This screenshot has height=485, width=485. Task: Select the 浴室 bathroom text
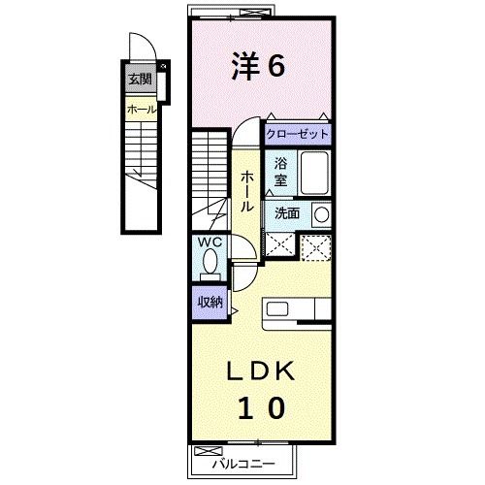coord(280,172)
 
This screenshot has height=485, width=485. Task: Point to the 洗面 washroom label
coord(286,212)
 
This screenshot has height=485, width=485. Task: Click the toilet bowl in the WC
coord(210,261)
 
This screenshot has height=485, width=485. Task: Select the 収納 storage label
coord(210,301)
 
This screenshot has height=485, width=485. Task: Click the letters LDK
coord(257,372)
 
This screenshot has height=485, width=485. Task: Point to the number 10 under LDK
coord(257,408)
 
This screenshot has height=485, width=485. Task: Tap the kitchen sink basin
coord(278,310)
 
